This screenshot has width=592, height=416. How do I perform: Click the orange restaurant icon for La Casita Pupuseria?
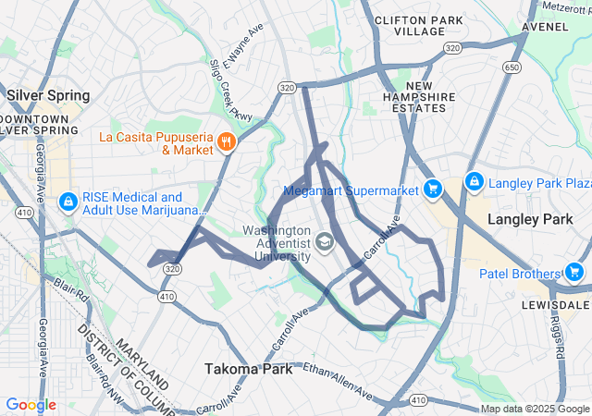coord(226,142)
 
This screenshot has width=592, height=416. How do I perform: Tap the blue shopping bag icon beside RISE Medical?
coord(68,202)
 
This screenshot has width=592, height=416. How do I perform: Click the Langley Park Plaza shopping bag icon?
coord(475,181)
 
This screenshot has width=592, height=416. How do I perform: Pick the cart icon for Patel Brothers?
coord(573,273)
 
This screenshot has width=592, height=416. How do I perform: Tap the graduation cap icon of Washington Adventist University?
coord(324,243)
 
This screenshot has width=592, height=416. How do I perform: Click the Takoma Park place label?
coord(248,369)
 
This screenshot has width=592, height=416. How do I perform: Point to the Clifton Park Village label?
coord(407,25)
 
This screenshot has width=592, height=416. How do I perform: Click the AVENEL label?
coord(544,27)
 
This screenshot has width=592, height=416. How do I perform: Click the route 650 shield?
coord(511,67)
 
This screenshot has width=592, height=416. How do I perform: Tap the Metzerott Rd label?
coord(566,7)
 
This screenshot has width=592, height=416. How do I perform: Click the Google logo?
coord(31,405)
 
